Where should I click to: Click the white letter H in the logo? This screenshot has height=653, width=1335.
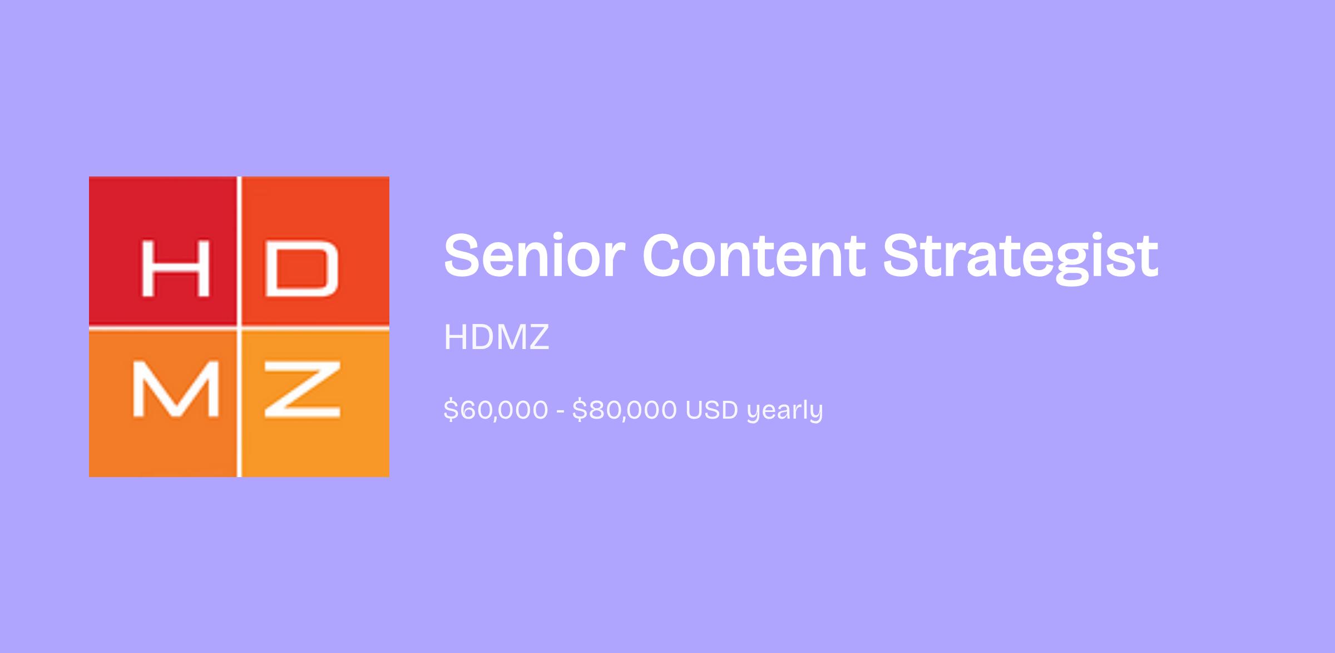(x=176, y=269)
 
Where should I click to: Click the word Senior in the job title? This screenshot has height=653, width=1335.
(x=535, y=256)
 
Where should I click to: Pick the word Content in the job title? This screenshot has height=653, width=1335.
(x=754, y=256)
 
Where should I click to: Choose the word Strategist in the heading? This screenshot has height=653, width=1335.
(x=1021, y=259)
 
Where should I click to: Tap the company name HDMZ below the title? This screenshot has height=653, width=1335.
(x=497, y=337)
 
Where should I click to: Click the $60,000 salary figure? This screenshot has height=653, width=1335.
(x=496, y=410)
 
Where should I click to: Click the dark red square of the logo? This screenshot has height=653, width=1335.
(x=162, y=251)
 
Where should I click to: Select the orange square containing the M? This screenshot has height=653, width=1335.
(x=162, y=404)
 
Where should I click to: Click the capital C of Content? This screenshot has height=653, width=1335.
(x=665, y=256)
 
